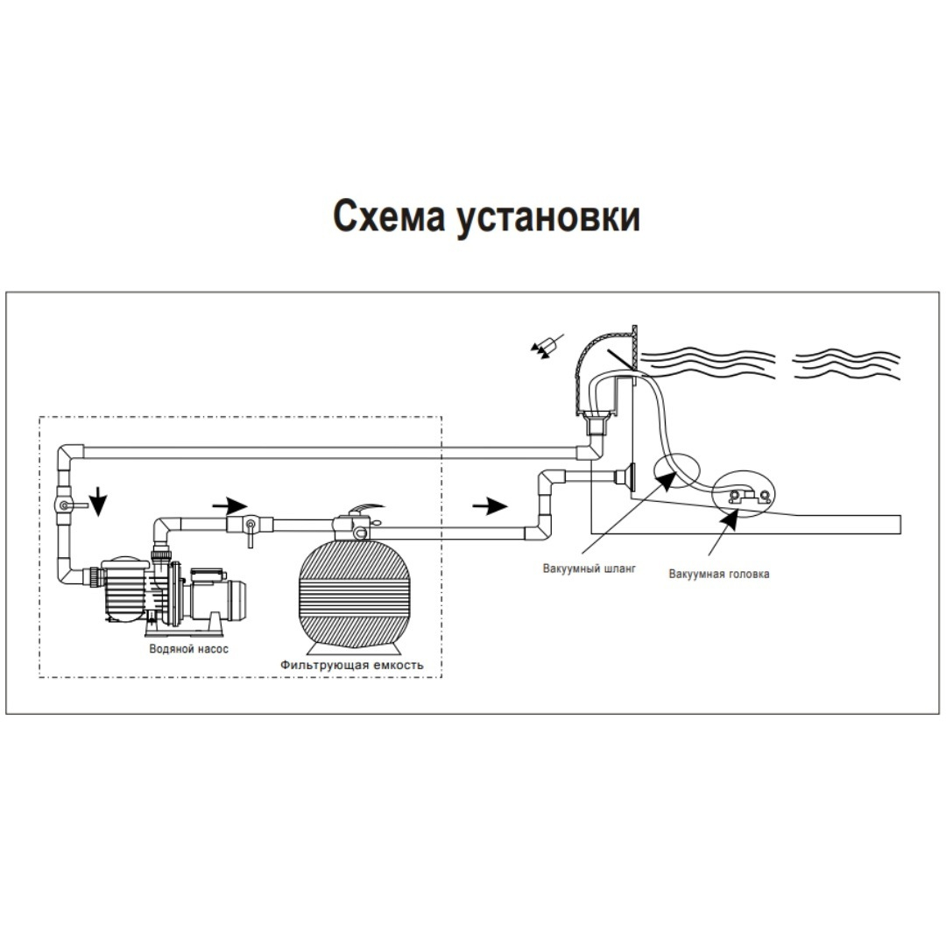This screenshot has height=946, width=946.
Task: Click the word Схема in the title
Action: point(390,215)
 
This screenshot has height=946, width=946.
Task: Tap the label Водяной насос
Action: point(188,649)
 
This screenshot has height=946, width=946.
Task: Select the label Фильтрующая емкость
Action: point(352,665)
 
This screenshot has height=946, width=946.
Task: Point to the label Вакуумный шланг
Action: point(589,568)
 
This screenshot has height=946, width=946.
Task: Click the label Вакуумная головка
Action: point(719,574)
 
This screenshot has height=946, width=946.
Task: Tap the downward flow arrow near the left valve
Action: point(99,502)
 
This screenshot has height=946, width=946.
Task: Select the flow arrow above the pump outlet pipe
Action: point(229,505)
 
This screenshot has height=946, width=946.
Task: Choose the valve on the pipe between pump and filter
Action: point(249,526)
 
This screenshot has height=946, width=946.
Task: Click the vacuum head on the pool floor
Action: point(743,498)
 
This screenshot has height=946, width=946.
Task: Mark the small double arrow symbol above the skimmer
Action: point(545,347)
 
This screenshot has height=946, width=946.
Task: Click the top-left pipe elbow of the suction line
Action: point(70,455)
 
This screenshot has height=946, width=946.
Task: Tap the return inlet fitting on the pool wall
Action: point(625,477)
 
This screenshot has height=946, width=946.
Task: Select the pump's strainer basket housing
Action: point(120,587)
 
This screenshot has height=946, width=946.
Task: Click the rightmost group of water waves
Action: point(845,364)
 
